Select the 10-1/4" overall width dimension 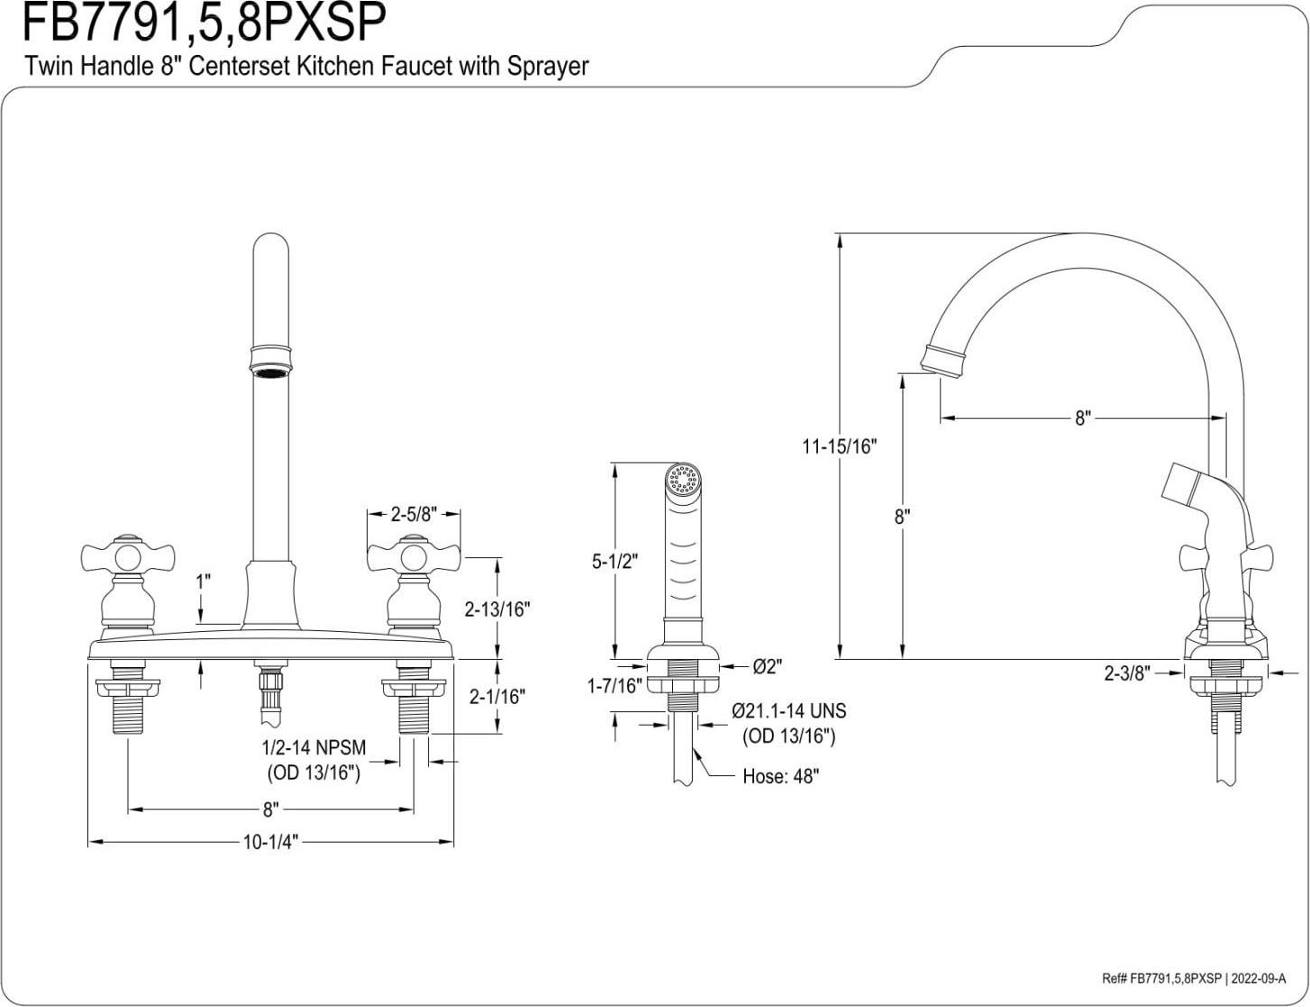coord(270,842)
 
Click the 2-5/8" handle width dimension coord(414,515)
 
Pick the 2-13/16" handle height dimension coord(496,609)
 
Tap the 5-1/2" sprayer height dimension coord(614,561)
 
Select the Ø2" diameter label coord(767,666)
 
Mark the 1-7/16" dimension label coord(614,686)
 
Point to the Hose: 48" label coord(780,777)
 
